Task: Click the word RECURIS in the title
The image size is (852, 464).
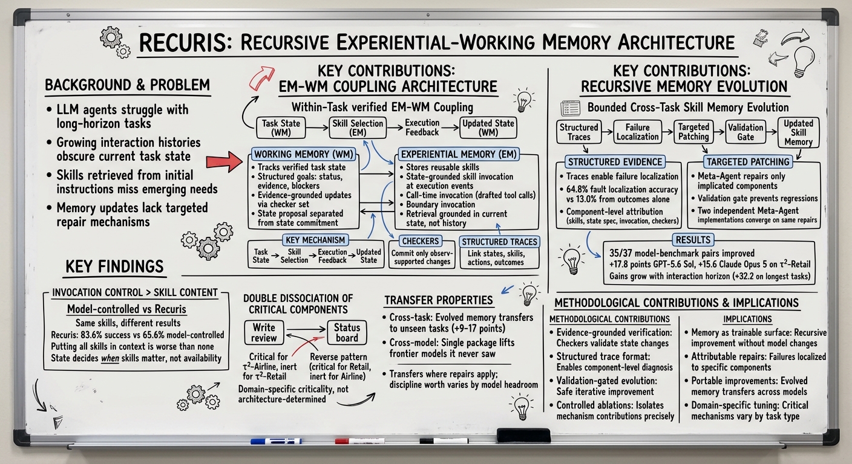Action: [183, 42]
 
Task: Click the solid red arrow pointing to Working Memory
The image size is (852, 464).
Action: [224, 161]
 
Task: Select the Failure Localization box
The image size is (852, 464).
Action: [637, 132]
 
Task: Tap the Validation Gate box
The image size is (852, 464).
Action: [745, 132]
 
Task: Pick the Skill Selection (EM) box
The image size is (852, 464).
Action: [358, 127]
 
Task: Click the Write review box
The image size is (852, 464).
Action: [264, 333]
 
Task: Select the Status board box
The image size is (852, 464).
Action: [347, 333]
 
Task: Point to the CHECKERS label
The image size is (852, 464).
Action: [421, 241]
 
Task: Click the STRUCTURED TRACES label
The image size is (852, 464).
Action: [499, 242]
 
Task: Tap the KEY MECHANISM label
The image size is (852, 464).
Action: [315, 240]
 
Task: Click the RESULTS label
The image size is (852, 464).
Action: [693, 240]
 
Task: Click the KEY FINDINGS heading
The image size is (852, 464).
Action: [114, 266]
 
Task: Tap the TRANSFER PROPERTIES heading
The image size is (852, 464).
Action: [439, 300]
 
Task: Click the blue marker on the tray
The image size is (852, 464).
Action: [276, 441]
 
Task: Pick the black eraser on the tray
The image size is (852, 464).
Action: [523, 436]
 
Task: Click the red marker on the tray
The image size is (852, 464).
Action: [359, 441]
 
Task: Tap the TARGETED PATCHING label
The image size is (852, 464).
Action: [748, 162]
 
